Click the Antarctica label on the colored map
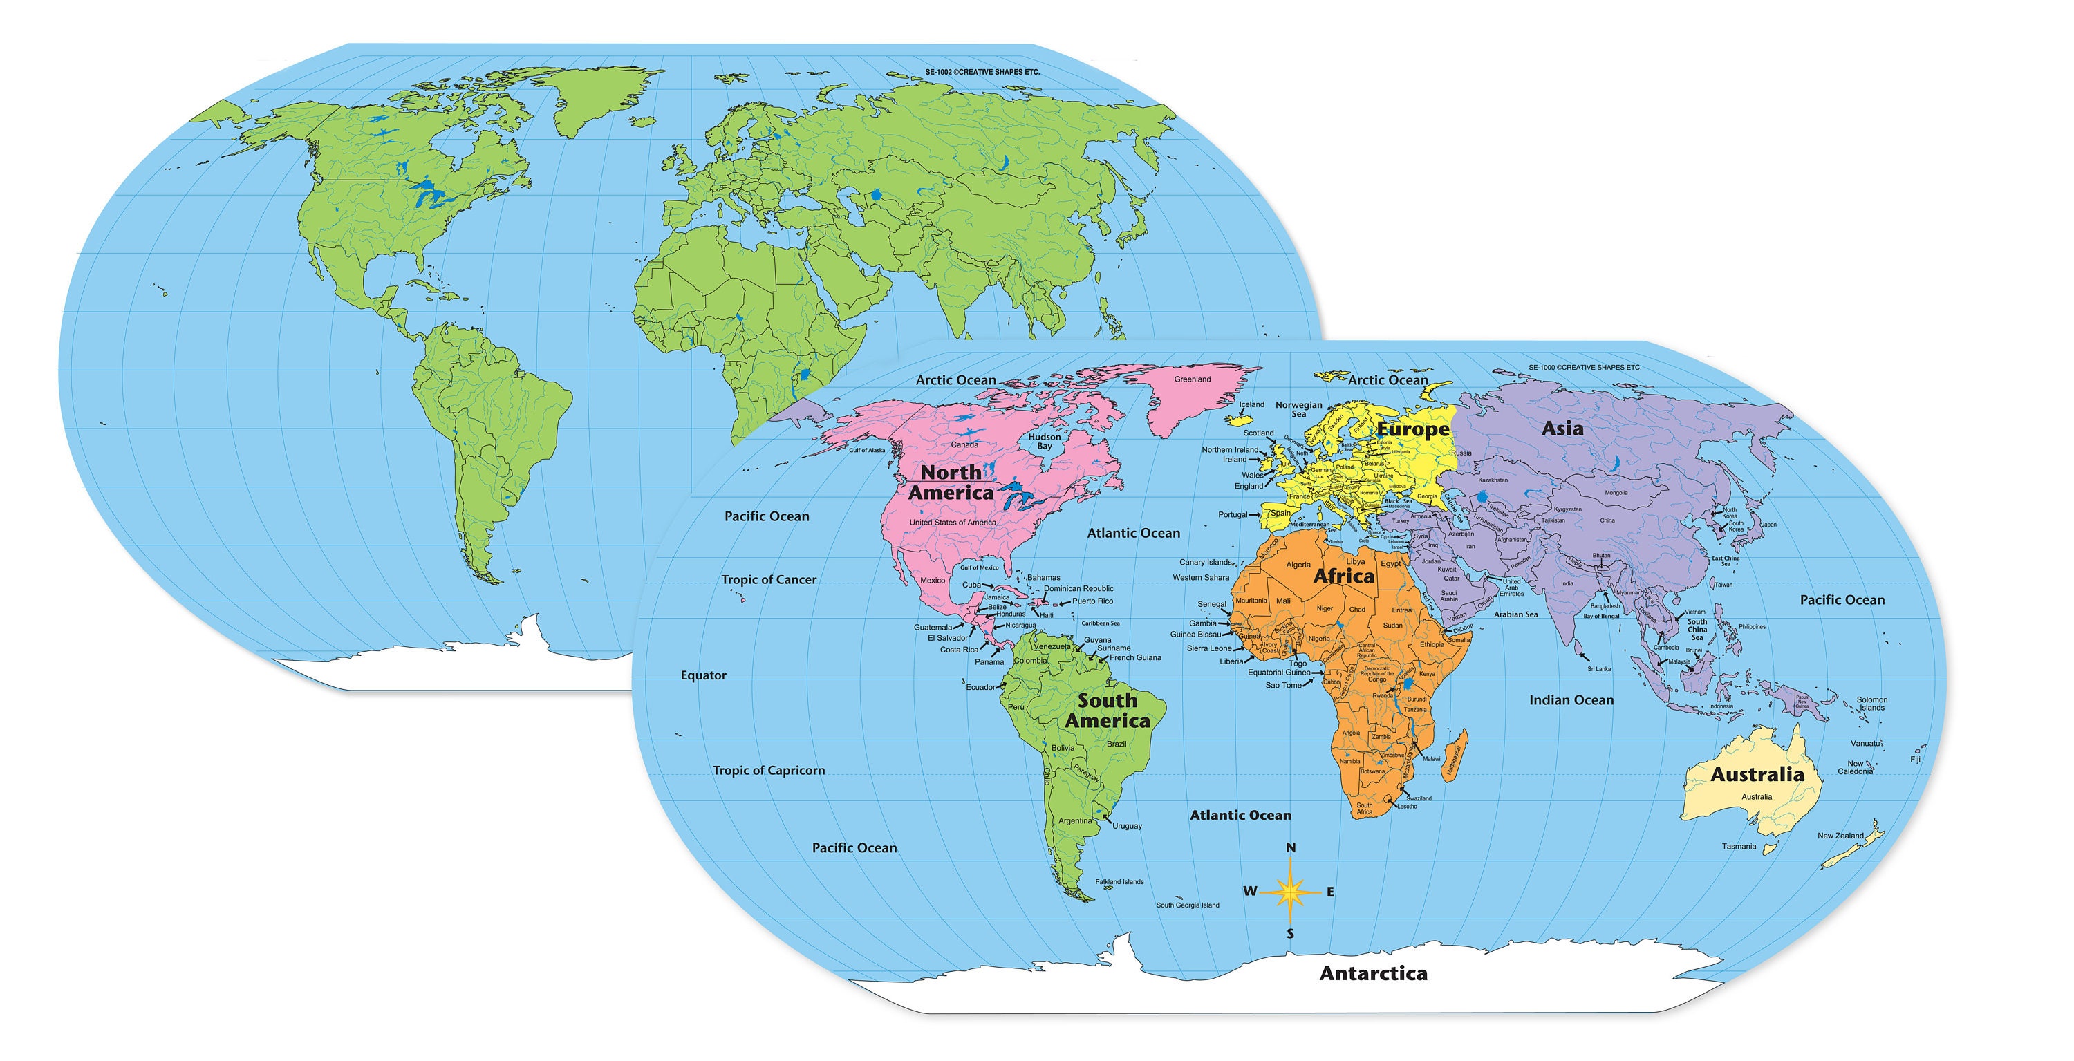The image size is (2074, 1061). point(1373,973)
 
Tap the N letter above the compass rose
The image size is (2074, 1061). point(1291,847)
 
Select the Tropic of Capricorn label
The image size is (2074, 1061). point(769,771)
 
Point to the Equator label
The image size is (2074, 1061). point(704,675)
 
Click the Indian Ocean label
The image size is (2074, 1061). point(1571,700)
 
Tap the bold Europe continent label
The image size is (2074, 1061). point(1412,430)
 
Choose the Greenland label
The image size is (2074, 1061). point(1192,379)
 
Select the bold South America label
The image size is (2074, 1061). point(1107,711)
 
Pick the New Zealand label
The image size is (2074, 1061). point(1840,836)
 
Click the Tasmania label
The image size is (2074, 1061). point(1739,846)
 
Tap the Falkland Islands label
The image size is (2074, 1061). point(1119,881)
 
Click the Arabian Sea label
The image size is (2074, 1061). point(1515,614)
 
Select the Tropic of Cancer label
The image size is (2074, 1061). point(768,580)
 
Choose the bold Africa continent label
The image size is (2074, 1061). point(1344,576)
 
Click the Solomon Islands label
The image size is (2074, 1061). point(1872,704)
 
